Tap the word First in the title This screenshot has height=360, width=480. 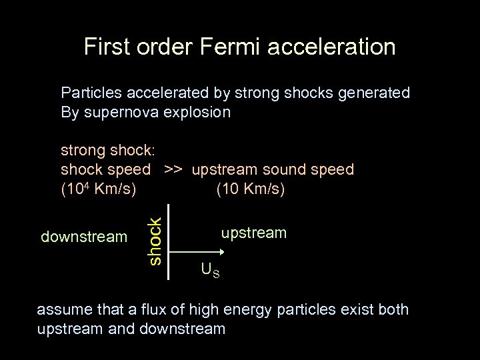107,47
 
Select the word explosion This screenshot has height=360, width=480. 197,112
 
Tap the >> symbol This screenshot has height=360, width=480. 172,170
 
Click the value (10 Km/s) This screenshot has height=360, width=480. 251,189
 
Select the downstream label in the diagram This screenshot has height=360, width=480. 84,237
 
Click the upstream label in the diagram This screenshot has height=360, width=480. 254,233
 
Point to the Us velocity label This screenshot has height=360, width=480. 211,270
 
